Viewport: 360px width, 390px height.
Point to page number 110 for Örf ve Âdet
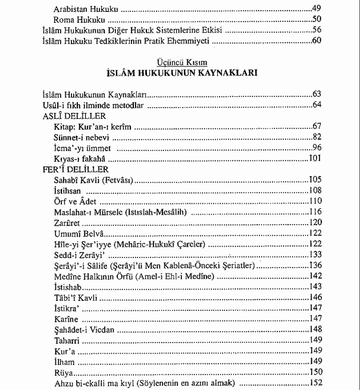tap(315, 202)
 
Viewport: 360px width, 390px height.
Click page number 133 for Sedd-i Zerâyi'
tap(315, 254)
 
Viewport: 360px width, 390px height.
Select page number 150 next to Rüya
tap(315, 372)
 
